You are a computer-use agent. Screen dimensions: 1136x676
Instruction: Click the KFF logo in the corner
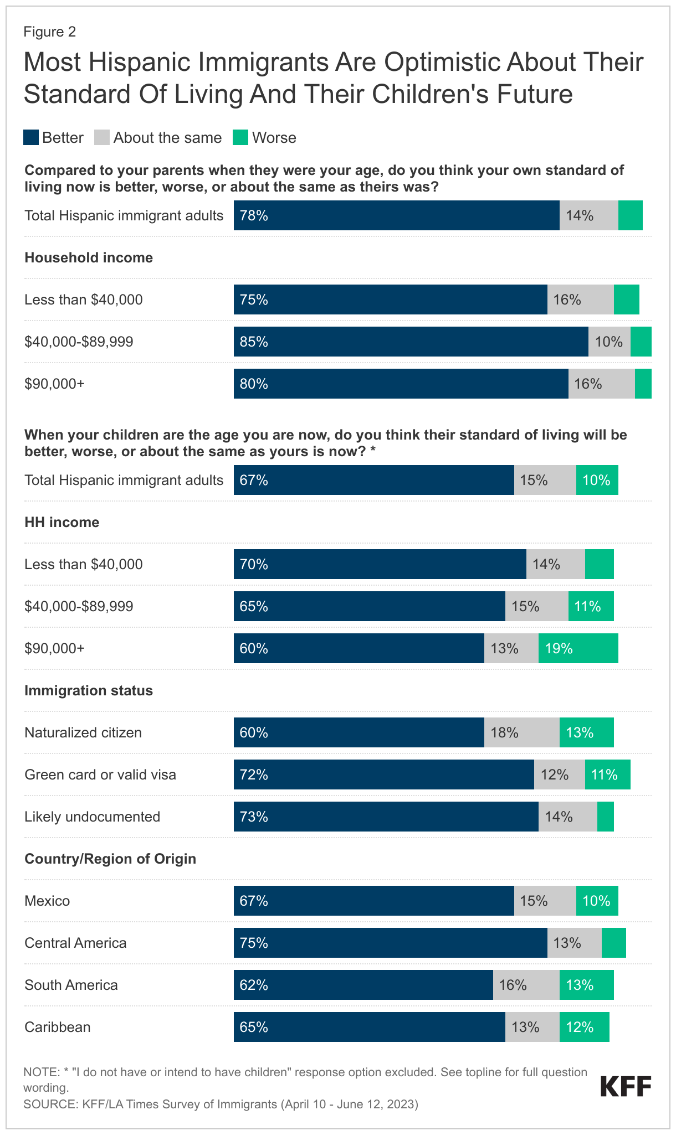click(x=626, y=1086)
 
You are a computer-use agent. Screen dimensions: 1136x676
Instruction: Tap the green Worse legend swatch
click(x=240, y=138)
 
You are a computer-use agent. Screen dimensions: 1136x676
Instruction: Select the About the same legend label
click(x=167, y=138)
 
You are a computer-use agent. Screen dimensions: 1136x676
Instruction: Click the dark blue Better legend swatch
click(x=31, y=138)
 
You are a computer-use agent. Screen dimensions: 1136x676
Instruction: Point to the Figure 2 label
click(x=49, y=32)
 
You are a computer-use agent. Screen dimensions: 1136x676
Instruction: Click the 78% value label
click(x=254, y=216)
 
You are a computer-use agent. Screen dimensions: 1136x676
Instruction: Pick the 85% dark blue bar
click(x=411, y=342)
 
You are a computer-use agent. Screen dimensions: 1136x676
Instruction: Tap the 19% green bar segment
click(x=578, y=648)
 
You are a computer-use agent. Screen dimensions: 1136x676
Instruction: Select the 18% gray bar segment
click(x=521, y=732)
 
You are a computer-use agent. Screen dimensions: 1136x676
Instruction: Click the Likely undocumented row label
click(x=92, y=817)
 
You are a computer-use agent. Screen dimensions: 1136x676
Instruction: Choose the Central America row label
click(x=75, y=943)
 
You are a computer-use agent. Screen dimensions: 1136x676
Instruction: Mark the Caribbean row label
click(x=57, y=1027)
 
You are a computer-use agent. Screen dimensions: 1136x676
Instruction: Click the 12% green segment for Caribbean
click(x=584, y=1027)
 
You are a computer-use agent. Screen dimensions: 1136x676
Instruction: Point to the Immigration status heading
click(x=89, y=690)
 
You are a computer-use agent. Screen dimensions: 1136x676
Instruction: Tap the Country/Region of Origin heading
click(x=110, y=859)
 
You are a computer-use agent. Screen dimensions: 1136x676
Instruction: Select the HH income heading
click(x=62, y=522)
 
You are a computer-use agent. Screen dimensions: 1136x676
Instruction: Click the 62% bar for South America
click(x=363, y=985)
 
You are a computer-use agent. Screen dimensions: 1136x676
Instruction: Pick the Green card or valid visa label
click(x=100, y=774)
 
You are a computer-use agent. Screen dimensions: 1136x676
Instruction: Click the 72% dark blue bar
click(x=383, y=774)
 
